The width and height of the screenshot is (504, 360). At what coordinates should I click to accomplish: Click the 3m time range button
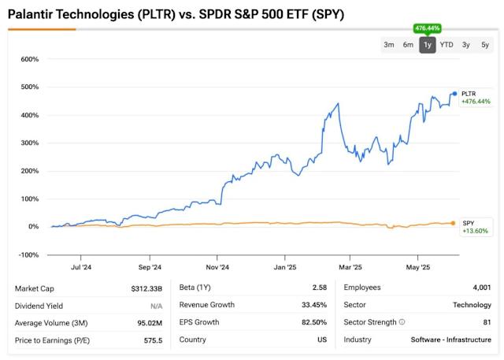[x=389, y=45]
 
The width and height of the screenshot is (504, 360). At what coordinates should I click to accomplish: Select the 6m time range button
[x=408, y=45]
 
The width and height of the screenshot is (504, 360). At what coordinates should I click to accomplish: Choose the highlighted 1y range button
[x=427, y=45]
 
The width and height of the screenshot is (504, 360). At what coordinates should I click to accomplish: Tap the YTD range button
[x=447, y=45]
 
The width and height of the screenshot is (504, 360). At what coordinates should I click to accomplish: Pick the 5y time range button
[x=485, y=45]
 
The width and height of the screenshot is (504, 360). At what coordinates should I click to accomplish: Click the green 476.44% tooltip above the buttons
[x=427, y=28]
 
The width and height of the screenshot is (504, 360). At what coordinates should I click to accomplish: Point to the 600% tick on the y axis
[x=29, y=59]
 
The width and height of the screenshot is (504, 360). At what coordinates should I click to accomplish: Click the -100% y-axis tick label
[x=28, y=254]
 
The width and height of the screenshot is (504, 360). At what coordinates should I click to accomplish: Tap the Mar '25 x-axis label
[x=350, y=267]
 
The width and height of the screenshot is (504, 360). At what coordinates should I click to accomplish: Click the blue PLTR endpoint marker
[x=454, y=94]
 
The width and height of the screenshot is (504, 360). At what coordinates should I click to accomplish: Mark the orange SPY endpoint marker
[x=453, y=223]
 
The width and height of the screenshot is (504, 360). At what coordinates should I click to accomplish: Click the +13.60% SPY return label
[x=475, y=231]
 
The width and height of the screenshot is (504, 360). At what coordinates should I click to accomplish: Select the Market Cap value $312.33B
[x=143, y=288]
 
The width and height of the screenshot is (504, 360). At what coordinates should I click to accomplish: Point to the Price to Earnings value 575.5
[x=151, y=340]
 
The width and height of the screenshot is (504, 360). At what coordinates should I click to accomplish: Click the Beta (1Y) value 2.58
[x=317, y=288]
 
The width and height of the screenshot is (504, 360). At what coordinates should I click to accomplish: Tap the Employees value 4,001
[x=480, y=288]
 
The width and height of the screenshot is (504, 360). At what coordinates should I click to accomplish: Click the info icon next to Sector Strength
[x=402, y=323]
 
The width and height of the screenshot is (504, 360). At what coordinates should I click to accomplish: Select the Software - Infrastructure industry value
[x=450, y=340]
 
